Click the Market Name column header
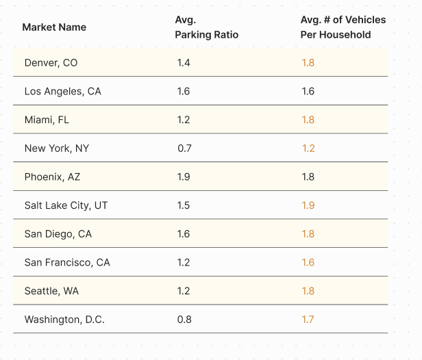tap(54, 27)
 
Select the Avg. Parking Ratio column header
tap(206, 27)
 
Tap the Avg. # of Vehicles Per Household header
tap(343, 27)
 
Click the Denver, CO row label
tap(51, 63)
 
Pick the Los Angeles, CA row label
tap(62, 91)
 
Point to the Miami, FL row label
tap(47, 120)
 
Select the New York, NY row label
tap(56, 148)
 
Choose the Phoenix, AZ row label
tap(52, 177)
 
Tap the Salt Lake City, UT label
tap(66, 205)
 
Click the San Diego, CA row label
tap(58, 234)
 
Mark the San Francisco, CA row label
tap(66, 262)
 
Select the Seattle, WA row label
tap(51, 291)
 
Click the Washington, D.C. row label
tap(64, 320)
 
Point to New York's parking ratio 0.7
tap(184, 148)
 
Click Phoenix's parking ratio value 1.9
tap(184, 177)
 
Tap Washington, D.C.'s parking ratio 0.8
tap(184, 320)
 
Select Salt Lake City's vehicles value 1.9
tap(308, 205)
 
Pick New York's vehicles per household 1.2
tap(308, 148)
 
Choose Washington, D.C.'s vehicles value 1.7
tap(308, 320)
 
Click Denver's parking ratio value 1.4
tap(184, 63)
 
